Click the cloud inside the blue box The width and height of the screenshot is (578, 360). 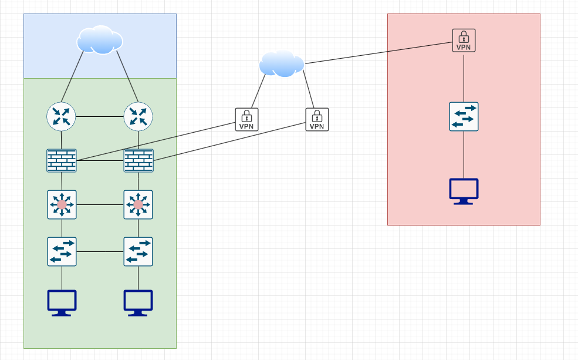tap(100, 40)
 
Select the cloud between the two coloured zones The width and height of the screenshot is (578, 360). tap(282, 63)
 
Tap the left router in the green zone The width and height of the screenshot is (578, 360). tap(62, 116)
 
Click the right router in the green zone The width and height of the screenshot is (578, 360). tap(138, 116)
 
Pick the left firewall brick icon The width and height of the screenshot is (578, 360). tap(62, 160)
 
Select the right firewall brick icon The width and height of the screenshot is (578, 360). tap(138, 160)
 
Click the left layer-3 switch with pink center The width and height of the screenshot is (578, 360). tap(62, 204)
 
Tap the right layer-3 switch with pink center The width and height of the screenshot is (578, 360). tap(138, 204)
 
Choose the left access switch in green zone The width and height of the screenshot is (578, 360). tap(62, 251)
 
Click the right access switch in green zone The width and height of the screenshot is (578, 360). tap(138, 251)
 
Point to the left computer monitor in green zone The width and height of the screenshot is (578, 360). tap(62, 302)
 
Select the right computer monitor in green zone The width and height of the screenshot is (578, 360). tap(138, 302)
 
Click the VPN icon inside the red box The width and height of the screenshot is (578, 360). tap(464, 40)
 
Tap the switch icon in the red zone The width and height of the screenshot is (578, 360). tap(464, 116)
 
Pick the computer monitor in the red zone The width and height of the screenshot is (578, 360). tap(464, 191)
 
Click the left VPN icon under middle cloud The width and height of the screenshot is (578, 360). tap(246, 119)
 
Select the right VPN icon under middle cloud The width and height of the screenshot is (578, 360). tap(317, 119)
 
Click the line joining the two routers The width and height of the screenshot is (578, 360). tap(100, 116)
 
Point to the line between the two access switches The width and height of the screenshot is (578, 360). tap(100, 251)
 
